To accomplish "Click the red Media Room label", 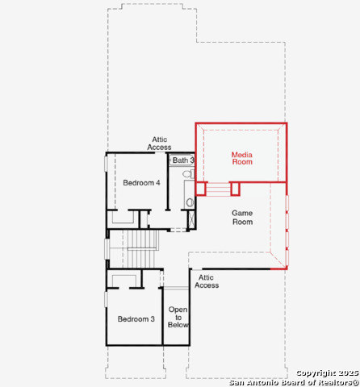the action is point(242,158).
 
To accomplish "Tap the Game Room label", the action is point(242,218).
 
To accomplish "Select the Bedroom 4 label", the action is point(141,183).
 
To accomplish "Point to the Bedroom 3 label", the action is point(136,319).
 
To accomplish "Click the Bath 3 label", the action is point(183,160).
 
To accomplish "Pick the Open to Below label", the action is point(178,317).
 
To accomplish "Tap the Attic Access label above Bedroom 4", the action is point(159,144).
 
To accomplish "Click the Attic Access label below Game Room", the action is point(207,281).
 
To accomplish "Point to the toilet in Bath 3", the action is point(188,173).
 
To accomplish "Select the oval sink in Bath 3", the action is point(190,202).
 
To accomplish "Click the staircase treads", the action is point(142,249).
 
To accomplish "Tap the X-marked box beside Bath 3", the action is point(191,220).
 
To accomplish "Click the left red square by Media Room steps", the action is point(201,189).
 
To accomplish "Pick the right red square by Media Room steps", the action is point(235,189).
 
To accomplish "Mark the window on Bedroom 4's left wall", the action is point(106,164).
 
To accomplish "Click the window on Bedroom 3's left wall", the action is point(106,299).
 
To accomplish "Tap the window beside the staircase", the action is point(107,249).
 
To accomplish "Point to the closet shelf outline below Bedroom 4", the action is point(123,217).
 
